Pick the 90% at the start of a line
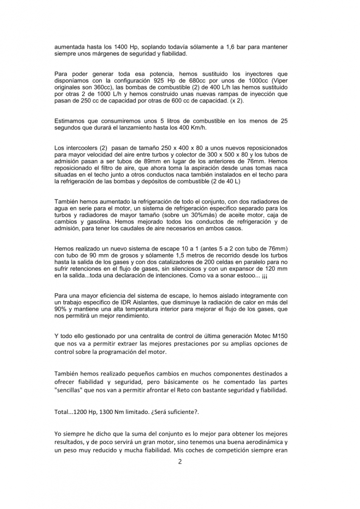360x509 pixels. point(60,309)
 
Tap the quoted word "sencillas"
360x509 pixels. point(70,390)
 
